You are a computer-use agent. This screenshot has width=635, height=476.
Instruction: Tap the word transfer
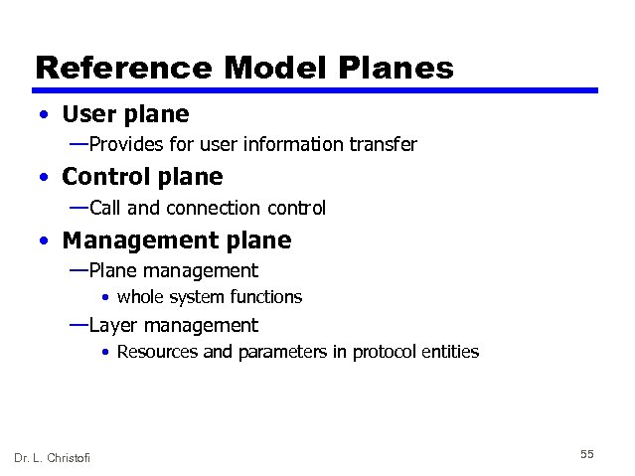click(x=383, y=145)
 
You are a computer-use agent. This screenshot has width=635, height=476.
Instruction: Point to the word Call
click(x=105, y=208)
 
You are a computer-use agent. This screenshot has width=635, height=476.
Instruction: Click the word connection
click(x=217, y=208)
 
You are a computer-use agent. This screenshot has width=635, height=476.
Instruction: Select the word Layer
click(x=112, y=325)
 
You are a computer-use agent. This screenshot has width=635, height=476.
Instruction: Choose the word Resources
click(x=157, y=352)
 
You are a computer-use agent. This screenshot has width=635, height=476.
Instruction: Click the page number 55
click(x=586, y=454)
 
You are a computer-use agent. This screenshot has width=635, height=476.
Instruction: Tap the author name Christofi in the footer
click(x=68, y=457)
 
